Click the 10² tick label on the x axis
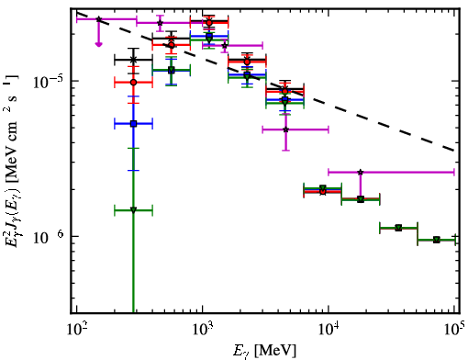click(x=76, y=330)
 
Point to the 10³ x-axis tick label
click(x=202, y=330)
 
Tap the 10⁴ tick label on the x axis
click(x=329, y=330)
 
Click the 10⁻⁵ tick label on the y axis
click(x=48, y=81)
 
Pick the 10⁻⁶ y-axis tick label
click(x=48, y=237)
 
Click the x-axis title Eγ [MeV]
click(x=264, y=351)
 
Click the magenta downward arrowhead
click(x=98, y=44)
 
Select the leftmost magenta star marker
click(x=98, y=19)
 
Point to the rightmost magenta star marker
click(x=361, y=172)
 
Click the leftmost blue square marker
click(x=133, y=124)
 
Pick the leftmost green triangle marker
click(x=133, y=210)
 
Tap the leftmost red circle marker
click(x=133, y=83)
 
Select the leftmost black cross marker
click(x=133, y=60)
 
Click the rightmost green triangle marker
click(x=437, y=240)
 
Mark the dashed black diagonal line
click(x=265, y=82)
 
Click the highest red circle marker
click(x=209, y=23)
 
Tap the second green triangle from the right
click(x=398, y=228)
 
